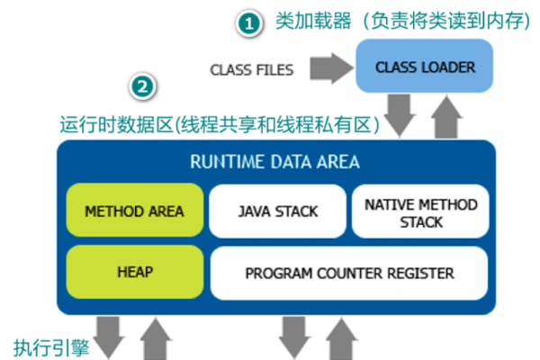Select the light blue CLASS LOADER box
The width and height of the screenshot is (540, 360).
[424, 67]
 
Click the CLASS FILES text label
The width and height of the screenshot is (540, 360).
[252, 69]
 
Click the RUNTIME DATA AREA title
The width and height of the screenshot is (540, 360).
[274, 163]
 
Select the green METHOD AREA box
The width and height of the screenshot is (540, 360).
[134, 211]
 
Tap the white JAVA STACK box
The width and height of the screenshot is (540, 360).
[277, 211]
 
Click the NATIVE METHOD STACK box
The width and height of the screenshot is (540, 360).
[420, 212]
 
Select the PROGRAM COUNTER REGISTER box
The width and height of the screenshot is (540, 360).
[349, 273]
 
